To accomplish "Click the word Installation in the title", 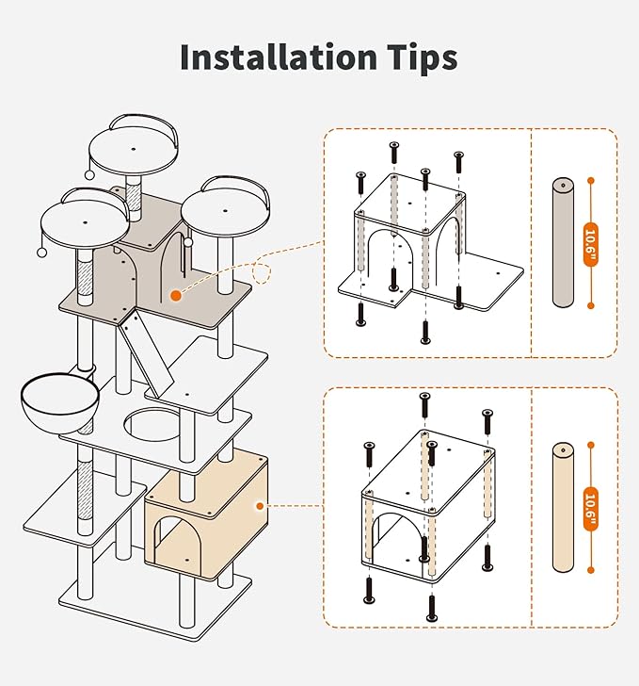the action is (279, 57).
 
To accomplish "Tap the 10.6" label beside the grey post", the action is (590, 244).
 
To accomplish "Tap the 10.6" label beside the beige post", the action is (590, 509).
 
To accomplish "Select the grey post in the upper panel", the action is (563, 242).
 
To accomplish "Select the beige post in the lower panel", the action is (563, 507).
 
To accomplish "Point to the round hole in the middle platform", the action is (152, 425).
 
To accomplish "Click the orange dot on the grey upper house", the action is (176, 296).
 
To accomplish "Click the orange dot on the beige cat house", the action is (260, 506).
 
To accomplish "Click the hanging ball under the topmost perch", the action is (89, 175).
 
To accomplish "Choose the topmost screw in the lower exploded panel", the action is (424, 404).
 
